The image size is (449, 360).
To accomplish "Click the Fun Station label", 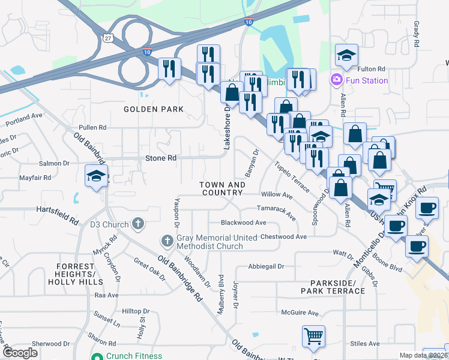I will (x=366, y=80).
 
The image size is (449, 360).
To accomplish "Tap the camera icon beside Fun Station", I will (x=336, y=80).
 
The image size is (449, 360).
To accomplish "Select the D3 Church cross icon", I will (x=138, y=224).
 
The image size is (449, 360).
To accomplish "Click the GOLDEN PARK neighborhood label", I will (x=154, y=109).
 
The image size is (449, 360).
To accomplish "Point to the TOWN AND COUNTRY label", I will (x=222, y=189).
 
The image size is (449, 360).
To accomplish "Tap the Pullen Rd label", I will (x=92, y=127).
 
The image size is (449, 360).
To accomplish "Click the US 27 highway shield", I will (x=107, y=37).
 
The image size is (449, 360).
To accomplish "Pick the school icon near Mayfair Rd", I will (x=95, y=176).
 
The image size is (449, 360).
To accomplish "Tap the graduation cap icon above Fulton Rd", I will (x=346, y=55).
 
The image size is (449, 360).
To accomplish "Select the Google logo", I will (x=20, y=353).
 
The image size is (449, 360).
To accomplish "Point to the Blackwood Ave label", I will (x=243, y=222).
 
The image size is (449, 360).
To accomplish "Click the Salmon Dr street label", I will (x=55, y=163).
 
